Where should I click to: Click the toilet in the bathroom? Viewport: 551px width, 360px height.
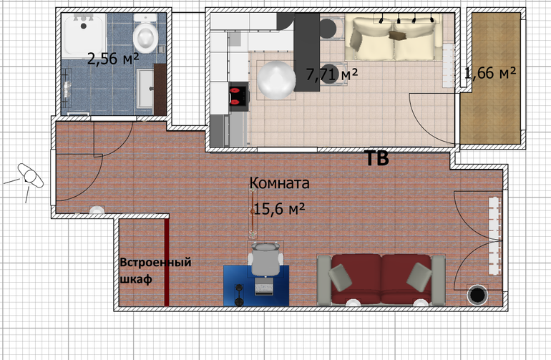145,34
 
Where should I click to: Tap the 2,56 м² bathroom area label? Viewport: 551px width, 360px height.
113,59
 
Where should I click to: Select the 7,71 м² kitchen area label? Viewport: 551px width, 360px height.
332,74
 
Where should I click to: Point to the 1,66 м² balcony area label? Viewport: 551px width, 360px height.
490,73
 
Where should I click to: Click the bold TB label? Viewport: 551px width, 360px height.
377,158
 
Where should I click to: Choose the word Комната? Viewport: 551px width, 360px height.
279,183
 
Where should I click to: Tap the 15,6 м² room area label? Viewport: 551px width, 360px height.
279,209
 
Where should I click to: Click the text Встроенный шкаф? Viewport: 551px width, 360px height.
155,271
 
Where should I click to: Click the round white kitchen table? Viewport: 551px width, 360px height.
276,80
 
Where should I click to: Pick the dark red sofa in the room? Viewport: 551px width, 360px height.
381,280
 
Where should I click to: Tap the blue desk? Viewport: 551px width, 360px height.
256,286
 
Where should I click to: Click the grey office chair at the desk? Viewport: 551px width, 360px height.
265,260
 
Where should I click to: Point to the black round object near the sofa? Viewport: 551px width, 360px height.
477,296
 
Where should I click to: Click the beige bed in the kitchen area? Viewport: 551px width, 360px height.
394,37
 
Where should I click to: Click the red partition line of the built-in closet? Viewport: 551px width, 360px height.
167,262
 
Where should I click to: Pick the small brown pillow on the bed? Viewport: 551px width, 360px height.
397,35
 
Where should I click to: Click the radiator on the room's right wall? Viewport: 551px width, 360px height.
494,236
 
